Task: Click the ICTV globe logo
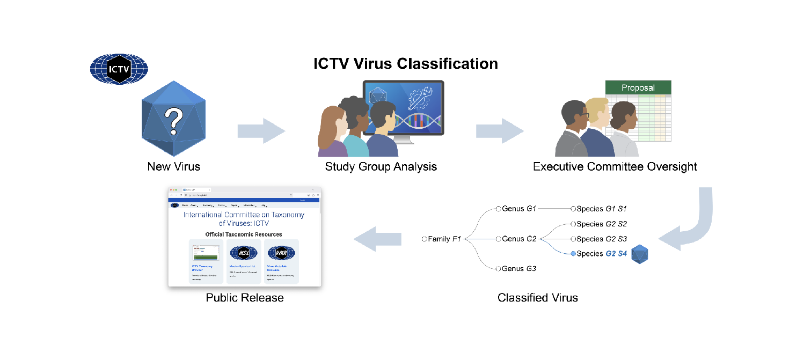[119, 69]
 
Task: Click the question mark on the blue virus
[173, 120]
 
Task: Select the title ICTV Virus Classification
[406, 64]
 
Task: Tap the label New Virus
[173, 167]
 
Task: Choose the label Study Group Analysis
[381, 167]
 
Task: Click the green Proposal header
[638, 87]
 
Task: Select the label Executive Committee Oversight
[615, 167]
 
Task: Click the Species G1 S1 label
[601, 208]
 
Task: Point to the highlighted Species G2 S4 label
[601, 253]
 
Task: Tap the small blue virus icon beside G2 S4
[640, 254]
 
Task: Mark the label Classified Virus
[538, 297]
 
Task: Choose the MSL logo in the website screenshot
[243, 252]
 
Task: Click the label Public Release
[245, 297]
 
